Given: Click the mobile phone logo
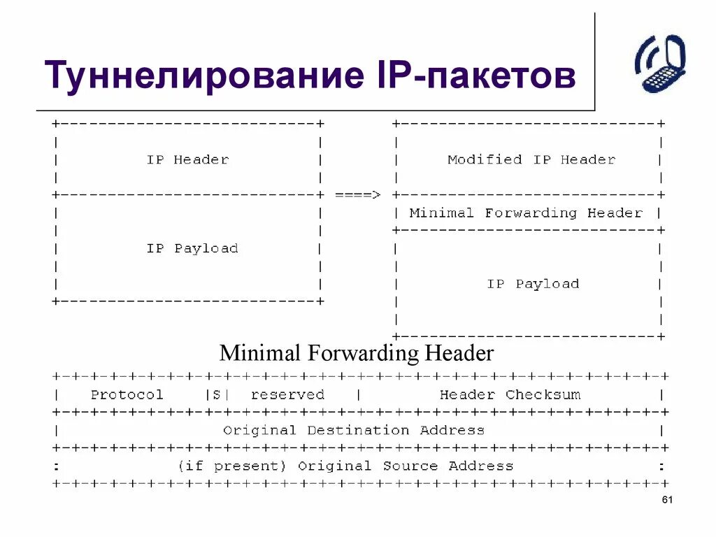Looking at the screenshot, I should click(660, 63).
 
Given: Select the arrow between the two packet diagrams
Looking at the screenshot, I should click(357, 195).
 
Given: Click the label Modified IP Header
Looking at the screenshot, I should click(531, 159).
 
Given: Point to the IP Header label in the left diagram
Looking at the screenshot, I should click(187, 159).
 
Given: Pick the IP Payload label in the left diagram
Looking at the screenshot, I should click(192, 248).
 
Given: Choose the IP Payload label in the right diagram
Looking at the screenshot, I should click(533, 284).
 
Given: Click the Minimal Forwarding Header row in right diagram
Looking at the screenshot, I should click(525, 213).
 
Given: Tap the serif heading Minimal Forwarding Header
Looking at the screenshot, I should click(357, 352).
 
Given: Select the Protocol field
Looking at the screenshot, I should click(127, 394).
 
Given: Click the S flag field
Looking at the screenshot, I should click(216, 394).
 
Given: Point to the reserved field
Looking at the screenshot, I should click(287, 394).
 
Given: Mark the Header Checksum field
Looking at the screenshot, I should click(510, 394).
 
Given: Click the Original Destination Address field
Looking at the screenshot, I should click(353, 430).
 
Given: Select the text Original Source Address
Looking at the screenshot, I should click(405, 466).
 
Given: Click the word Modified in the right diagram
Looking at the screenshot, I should click(485, 159).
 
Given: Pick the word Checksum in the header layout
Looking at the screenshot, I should click(543, 394).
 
